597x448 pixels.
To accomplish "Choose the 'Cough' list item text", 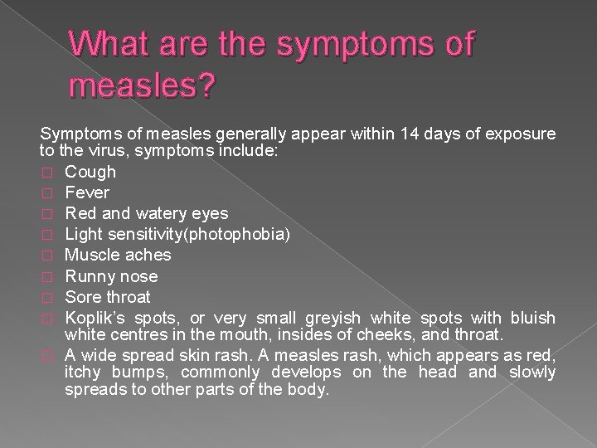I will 90,173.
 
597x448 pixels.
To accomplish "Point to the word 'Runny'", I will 88,276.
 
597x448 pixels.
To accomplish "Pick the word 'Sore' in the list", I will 81,297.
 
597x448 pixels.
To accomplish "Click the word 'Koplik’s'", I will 95,319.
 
